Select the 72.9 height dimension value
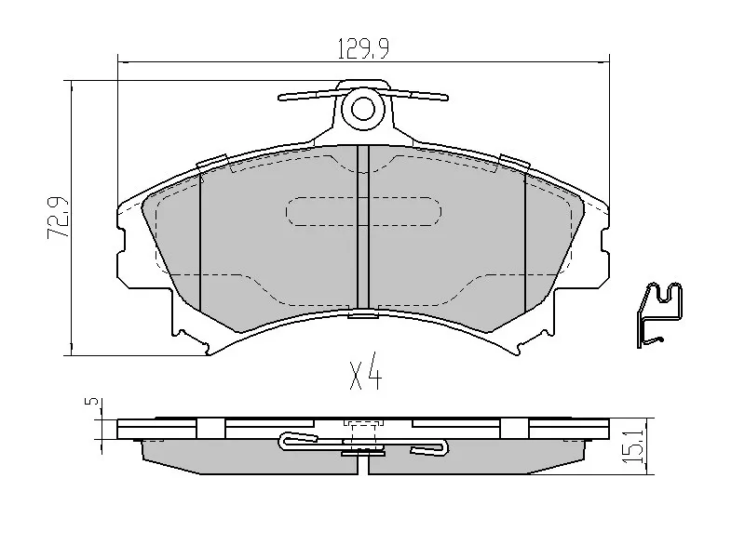58,219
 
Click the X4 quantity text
366,376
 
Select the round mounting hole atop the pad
362,109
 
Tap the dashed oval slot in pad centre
362,212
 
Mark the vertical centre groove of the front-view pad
363,228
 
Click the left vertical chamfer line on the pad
201,242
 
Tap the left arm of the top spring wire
307,94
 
